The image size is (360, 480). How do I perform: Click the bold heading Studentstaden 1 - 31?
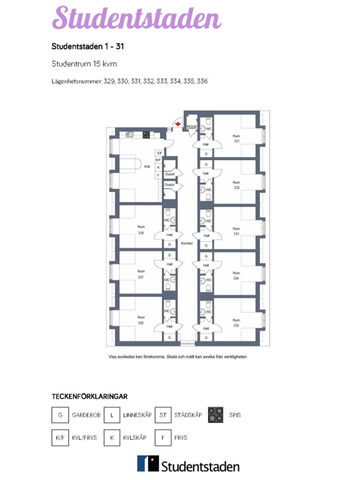pos(87,46)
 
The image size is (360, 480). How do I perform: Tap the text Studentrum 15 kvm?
pos(80,63)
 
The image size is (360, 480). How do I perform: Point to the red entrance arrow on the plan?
pos(177,125)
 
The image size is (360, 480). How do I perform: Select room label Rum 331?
pos(236,139)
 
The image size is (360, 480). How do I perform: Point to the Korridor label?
pos(185,242)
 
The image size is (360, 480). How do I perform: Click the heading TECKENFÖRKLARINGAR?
pos(88,396)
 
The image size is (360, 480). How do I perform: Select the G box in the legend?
pos(61,414)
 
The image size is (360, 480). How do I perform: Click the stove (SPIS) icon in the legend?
pos(214,414)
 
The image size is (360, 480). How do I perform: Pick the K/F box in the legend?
pos(61,438)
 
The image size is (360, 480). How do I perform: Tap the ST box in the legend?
pos(163,414)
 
